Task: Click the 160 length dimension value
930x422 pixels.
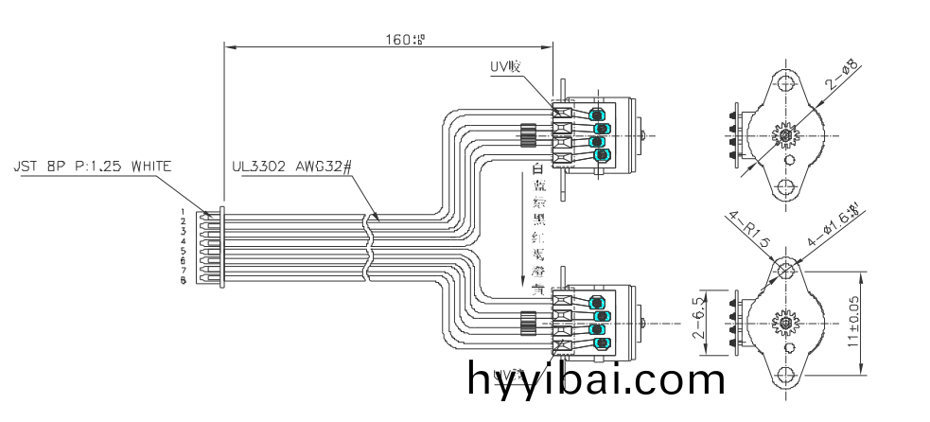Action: coord(405,40)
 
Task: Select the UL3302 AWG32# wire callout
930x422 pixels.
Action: coord(292,167)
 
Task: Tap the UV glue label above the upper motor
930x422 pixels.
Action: coord(505,66)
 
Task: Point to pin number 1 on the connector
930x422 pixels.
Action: coord(183,212)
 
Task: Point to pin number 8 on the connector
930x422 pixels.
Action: coord(183,281)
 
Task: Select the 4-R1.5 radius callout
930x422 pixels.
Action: coord(748,230)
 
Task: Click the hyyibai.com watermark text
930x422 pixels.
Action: coord(596,380)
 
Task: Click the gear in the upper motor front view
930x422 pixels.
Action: coord(787,135)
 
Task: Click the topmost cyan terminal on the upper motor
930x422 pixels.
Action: coord(599,114)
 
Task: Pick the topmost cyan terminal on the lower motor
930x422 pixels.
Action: coord(599,302)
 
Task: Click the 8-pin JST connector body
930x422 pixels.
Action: coord(207,247)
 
